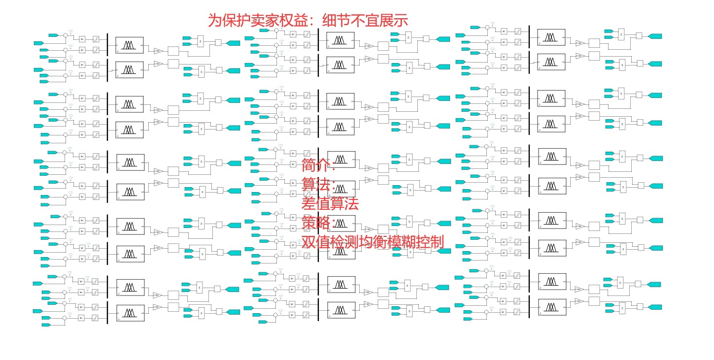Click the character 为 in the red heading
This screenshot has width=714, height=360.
[x=215, y=20]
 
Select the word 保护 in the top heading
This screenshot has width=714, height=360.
[x=239, y=20]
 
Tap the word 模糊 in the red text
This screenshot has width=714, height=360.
[x=402, y=242]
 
